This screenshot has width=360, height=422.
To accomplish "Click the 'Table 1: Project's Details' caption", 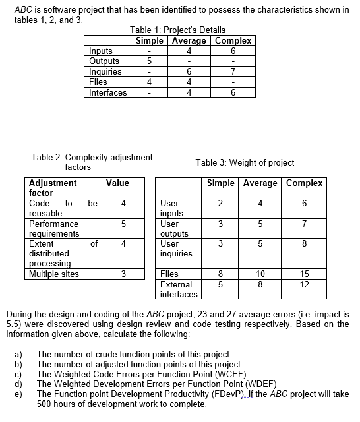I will [177, 30].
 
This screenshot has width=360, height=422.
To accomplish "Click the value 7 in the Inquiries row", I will [233, 72].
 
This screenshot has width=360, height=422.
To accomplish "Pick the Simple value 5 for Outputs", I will [150, 61].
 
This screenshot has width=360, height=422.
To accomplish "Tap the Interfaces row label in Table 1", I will [108, 93].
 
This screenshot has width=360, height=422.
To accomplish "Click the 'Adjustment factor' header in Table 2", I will [53, 188].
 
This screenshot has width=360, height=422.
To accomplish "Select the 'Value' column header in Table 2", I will [117, 183].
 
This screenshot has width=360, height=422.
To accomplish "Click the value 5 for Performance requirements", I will [123, 224].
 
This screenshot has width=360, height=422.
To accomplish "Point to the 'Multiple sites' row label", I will [54, 274].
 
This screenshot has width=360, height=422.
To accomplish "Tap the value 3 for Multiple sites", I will [123, 274].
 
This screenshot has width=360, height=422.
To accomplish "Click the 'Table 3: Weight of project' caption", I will [245, 162].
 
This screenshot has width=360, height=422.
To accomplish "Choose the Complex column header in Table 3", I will [304, 183].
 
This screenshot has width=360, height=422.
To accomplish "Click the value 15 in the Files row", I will [304, 274].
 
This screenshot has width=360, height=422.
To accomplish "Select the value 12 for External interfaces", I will [304, 284].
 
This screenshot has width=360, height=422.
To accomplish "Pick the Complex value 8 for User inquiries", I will [304, 243].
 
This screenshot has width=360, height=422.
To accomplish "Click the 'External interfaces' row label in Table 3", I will [179, 289].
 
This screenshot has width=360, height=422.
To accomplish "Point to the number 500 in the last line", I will [45, 404].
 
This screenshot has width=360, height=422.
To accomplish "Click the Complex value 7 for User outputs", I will [304, 224].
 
